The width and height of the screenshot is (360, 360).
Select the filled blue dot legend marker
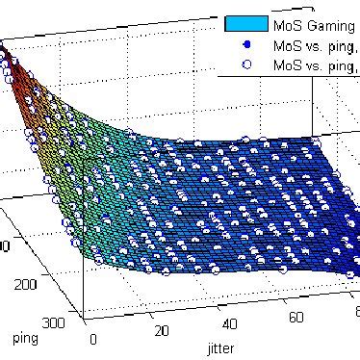pos(246,44)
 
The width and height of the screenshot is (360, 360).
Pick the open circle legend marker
pos(246,64)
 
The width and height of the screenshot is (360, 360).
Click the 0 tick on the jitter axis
pos(93,339)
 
